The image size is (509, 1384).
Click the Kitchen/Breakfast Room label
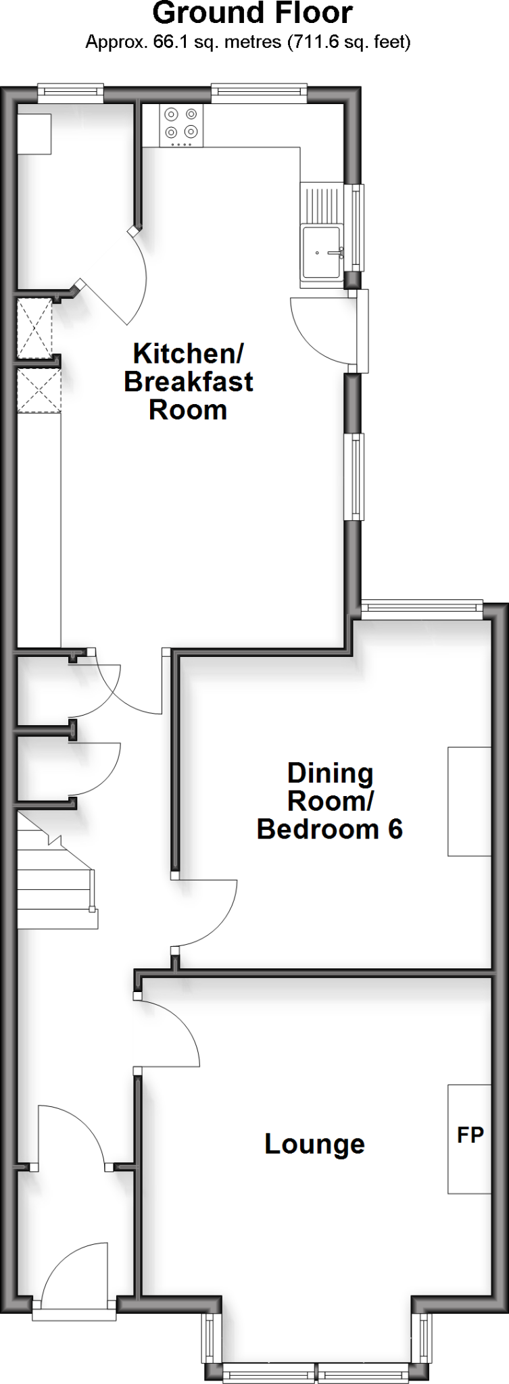(x=188, y=381)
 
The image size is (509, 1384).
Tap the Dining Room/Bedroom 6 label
(x=330, y=801)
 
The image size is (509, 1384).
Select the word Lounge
(x=314, y=1143)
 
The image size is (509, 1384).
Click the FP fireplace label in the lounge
(x=470, y=1135)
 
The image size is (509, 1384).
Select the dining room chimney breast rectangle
(x=469, y=801)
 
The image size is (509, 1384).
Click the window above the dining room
(x=422, y=610)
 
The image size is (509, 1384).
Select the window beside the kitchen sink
(x=354, y=227)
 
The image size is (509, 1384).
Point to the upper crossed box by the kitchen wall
(x=34, y=328)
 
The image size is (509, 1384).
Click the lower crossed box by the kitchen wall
(x=39, y=390)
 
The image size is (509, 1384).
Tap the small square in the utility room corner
(x=34, y=134)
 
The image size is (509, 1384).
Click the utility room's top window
(x=70, y=93)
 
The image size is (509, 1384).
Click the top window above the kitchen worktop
(x=259, y=93)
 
